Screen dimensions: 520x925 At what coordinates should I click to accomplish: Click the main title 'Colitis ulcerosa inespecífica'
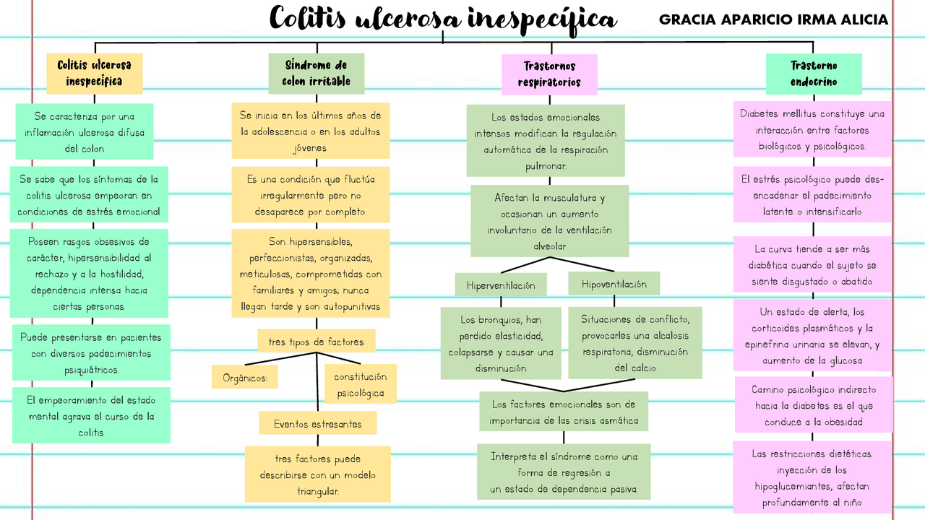coord(442,19)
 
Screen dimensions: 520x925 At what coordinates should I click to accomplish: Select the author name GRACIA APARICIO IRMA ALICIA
coord(773,20)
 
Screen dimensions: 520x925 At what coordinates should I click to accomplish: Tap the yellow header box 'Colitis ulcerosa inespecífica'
coord(95,73)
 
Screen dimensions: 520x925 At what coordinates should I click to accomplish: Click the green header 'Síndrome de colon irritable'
coord(316,73)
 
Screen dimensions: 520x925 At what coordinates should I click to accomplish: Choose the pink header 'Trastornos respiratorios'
coord(549,74)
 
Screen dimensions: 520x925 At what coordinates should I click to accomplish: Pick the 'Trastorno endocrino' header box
coord(814,74)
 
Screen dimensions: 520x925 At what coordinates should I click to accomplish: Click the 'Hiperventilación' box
coord(501,285)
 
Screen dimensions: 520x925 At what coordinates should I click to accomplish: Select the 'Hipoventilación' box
coord(614,284)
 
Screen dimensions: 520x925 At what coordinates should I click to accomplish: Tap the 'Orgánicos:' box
coord(244,377)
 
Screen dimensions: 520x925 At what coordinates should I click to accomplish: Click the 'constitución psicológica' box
coord(360,384)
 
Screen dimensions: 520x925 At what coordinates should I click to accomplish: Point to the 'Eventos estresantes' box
coord(317,423)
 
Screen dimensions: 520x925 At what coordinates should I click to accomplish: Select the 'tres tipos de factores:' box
coord(317,342)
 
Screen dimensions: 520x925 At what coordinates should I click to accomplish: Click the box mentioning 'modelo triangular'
coord(317,474)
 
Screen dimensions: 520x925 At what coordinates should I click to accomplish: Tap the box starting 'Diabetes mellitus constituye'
coord(812,130)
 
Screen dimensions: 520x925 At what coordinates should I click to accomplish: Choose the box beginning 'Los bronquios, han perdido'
coord(500,343)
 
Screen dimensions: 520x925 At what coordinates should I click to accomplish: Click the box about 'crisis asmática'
coord(564,412)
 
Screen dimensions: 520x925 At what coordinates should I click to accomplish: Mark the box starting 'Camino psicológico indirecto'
coord(814,405)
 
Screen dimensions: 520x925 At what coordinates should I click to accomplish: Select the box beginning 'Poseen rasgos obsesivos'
coord(89,273)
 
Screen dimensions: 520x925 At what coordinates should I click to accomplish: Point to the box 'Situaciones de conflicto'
coord(634,343)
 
